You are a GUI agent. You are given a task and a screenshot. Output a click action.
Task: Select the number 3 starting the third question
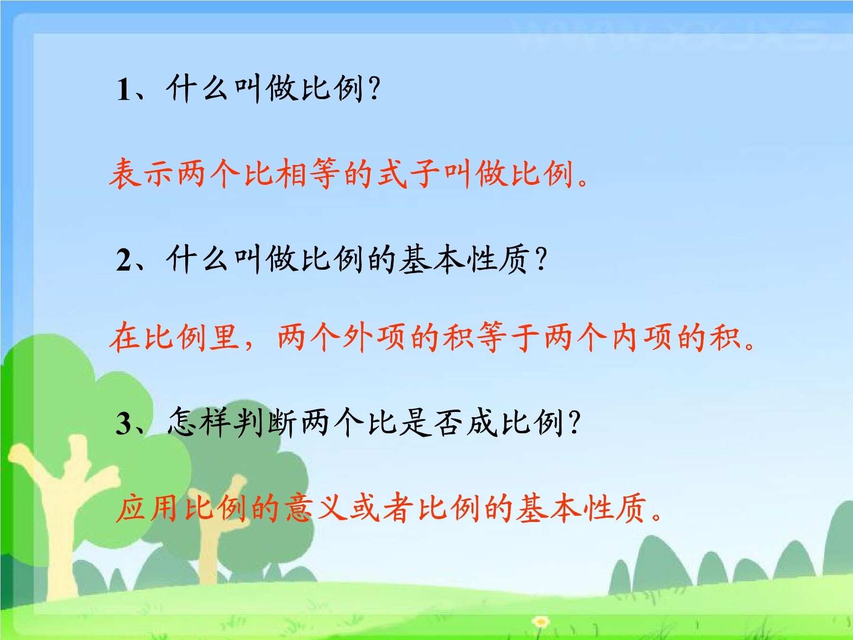124,423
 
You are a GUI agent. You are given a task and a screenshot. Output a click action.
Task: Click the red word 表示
143,174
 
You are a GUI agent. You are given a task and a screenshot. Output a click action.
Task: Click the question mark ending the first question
373,89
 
